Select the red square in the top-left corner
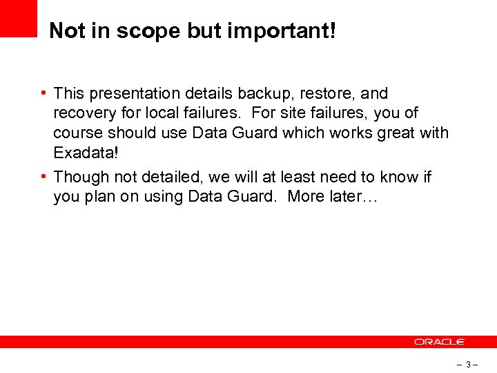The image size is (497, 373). [x=18, y=18]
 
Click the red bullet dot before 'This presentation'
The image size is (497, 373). [x=43, y=93]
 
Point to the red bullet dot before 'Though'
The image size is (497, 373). [x=43, y=178]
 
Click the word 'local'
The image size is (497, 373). [x=158, y=113]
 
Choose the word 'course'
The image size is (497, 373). [x=79, y=133]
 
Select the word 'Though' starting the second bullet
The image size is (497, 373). [x=81, y=178]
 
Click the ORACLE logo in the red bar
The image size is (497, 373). [x=440, y=342]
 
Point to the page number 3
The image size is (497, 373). [x=468, y=364]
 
